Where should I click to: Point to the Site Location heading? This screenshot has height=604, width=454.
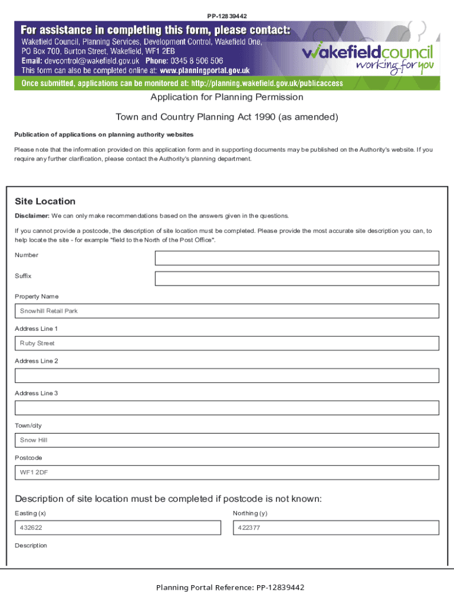pyautogui.click(x=45, y=202)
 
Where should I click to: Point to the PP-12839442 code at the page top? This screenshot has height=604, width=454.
pyautogui.click(x=226, y=15)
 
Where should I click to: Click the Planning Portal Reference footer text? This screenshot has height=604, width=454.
pyautogui.click(x=230, y=587)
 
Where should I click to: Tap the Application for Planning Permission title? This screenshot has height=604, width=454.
pyautogui.click(x=226, y=97)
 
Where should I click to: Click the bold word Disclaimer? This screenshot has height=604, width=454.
pyautogui.click(x=32, y=216)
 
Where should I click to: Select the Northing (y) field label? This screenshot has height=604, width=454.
pyautogui.click(x=249, y=513)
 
